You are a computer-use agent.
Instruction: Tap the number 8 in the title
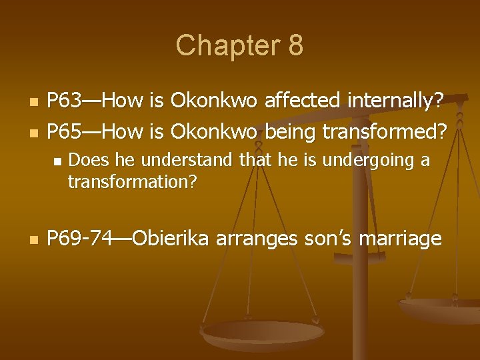[295, 46]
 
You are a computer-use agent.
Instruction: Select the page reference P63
[65, 101]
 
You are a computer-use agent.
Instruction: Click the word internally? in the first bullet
[399, 101]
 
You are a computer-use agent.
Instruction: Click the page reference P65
[65, 132]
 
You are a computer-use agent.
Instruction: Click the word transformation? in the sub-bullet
[132, 181]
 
